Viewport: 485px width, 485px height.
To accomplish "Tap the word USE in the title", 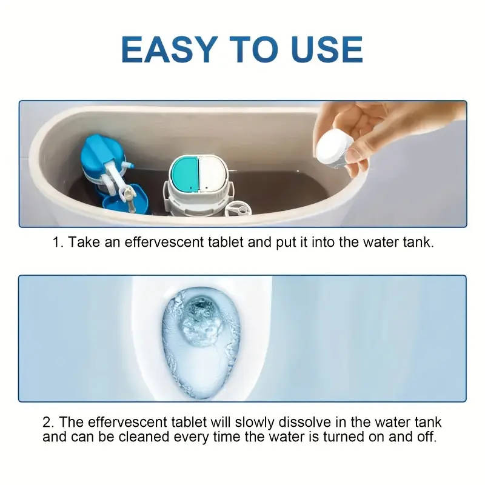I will (x=319, y=49).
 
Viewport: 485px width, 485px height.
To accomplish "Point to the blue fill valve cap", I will (x=102, y=152).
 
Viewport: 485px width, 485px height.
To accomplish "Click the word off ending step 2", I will (x=427, y=437).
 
